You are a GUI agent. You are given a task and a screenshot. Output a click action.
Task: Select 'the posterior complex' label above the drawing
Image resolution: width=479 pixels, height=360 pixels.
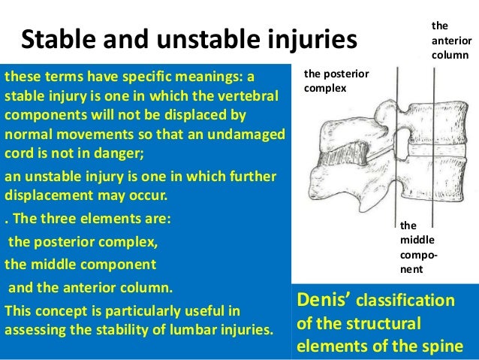pyautogui.click(x=336, y=82)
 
